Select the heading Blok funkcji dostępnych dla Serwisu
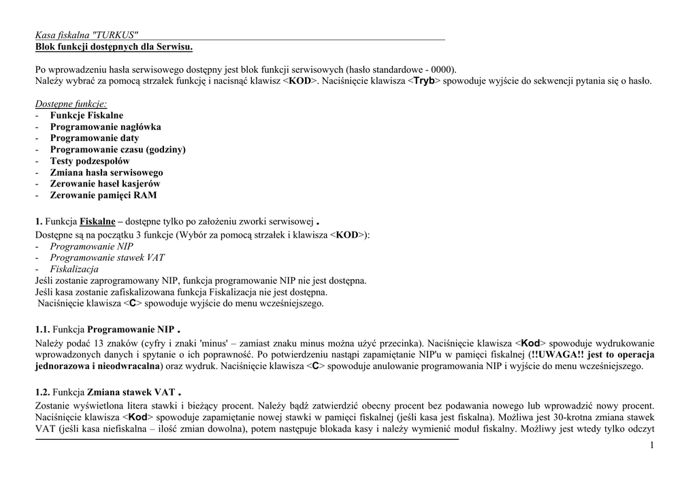pos(114,46)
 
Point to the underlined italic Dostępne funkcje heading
pos(71,104)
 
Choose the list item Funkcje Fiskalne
pos(86,116)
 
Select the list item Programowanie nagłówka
pos(106,127)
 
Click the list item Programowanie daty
pos(94,138)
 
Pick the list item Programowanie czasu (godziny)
pos(118,150)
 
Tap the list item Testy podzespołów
pos(90,161)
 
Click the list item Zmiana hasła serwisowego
pos(106,172)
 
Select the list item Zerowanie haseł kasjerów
pos(106,184)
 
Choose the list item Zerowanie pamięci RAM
pos(103,195)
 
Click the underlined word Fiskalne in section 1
pos(97,222)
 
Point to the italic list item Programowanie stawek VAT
pos(107,257)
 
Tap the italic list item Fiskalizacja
pos(74,269)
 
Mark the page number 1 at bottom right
pos(651,445)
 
